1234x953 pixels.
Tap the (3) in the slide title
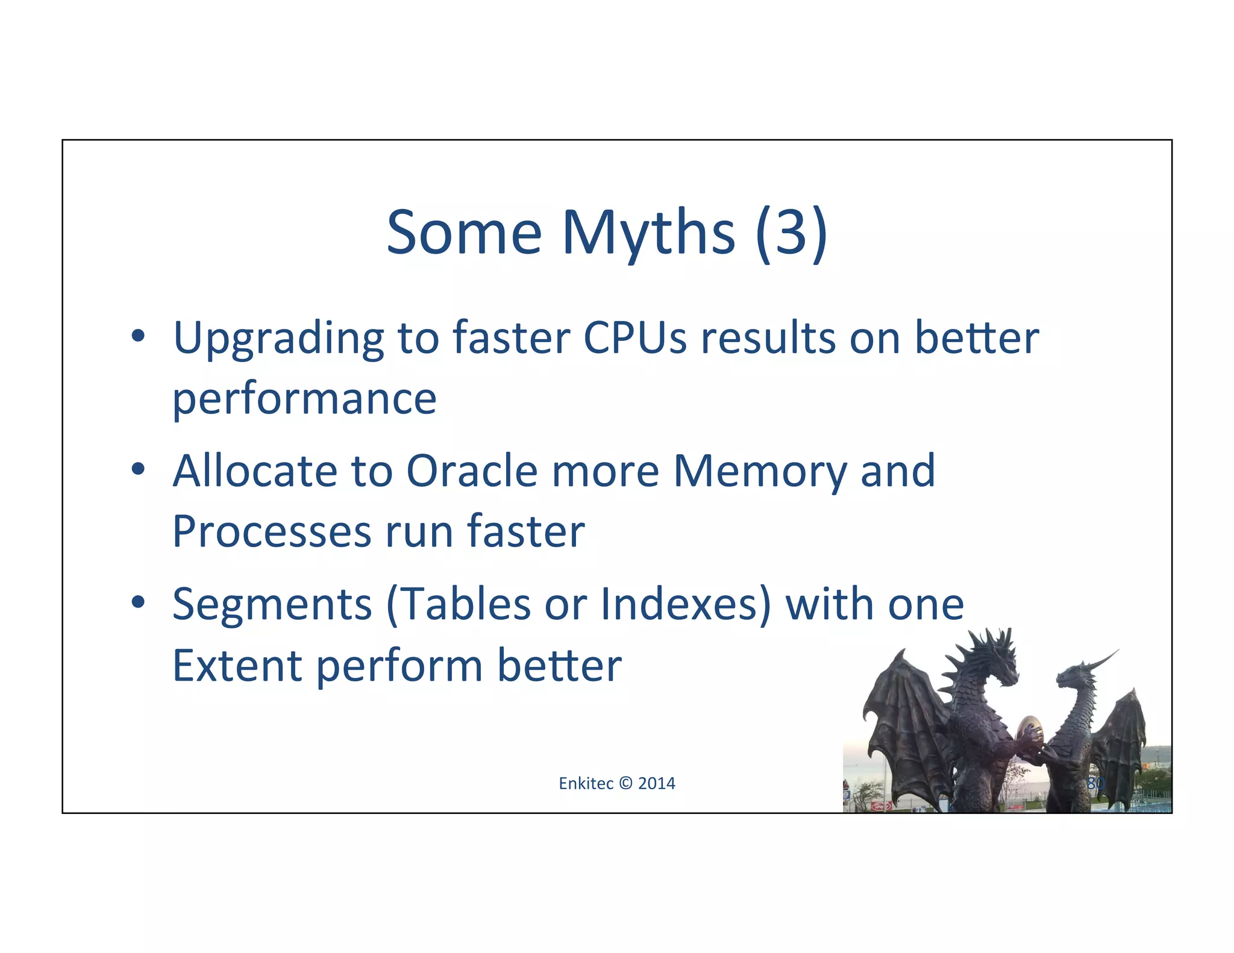click(791, 234)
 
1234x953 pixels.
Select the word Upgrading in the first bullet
click(278, 339)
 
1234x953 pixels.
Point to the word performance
click(304, 399)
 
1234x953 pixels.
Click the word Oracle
click(471, 470)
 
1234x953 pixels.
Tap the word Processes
click(272, 532)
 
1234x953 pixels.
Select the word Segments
click(272, 604)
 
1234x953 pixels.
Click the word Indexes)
click(686, 604)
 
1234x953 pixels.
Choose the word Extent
click(237, 666)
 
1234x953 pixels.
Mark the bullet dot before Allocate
click(138, 469)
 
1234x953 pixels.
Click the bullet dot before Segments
click(138, 602)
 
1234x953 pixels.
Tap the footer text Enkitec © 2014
click(616, 783)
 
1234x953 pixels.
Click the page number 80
click(1095, 783)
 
